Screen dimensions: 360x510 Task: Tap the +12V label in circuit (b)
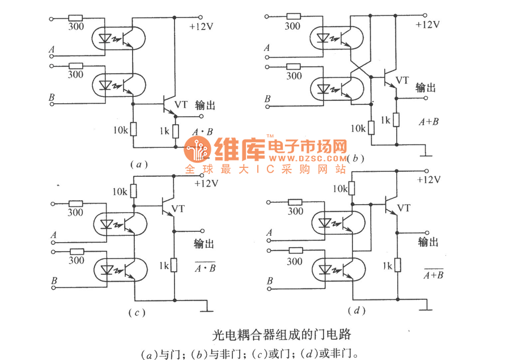[x=427, y=25]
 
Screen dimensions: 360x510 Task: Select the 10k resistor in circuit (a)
[x=134, y=129]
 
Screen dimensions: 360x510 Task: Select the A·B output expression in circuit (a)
[x=202, y=132]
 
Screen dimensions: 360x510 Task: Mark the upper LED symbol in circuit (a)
[x=105, y=39]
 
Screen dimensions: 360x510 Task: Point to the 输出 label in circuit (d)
[x=428, y=242]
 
